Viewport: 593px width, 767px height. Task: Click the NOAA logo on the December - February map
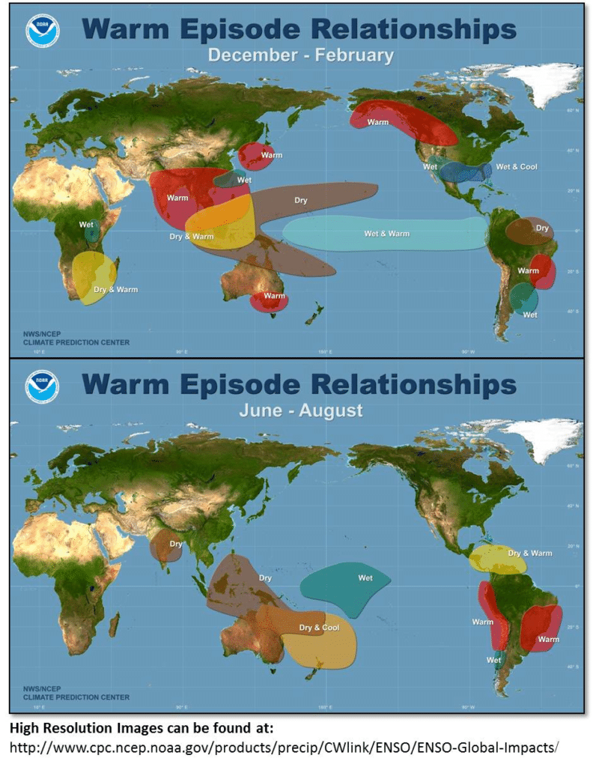click(42, 31)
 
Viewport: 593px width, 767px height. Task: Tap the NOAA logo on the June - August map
click(42, 386)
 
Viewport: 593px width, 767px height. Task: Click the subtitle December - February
click(300, 55)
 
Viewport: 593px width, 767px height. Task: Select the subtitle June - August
click(300, 410)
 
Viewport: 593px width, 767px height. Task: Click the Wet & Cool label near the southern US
click(517, 166)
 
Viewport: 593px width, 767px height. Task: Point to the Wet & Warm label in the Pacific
click(387, 234)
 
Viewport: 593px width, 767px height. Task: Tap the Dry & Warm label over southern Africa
click(115, 289)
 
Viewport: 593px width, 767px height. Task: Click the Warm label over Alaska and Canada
click(378, 122)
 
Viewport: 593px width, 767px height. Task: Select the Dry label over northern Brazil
click(541, 228)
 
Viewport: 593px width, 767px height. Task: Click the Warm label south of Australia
click(275, 296)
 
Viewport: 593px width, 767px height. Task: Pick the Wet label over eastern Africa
click(86, 224)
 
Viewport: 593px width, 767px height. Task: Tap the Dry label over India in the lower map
click(176, 544)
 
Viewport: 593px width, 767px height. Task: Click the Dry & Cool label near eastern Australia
click(319, 628)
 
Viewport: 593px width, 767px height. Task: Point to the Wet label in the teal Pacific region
click(365, 577)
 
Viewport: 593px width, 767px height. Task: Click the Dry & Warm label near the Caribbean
click(530, 554)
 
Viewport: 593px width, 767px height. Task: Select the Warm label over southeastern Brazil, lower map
click(548, 639)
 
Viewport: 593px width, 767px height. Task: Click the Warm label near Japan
click(271, 155)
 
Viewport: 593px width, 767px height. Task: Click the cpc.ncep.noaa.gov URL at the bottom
click(285, 748)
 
